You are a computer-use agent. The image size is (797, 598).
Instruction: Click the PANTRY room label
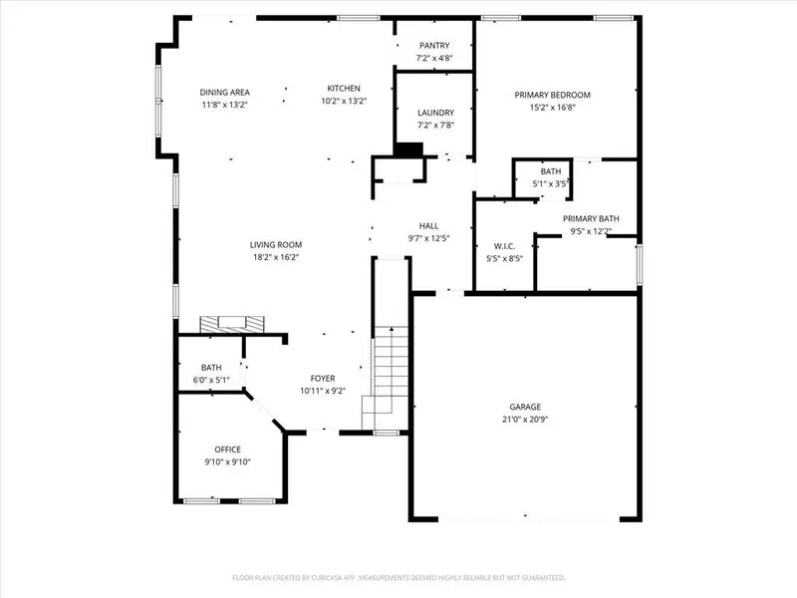click(x=434, y=45)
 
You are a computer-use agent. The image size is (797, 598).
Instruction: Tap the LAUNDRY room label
click(x=435, y=113)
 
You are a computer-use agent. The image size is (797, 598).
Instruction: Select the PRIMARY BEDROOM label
click(x=552, y=95)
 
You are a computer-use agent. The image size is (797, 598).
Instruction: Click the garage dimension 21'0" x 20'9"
click(x=525, y=420)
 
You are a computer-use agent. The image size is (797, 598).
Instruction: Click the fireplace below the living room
click(x=232, y=324)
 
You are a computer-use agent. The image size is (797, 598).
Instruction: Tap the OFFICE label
click(x=228, y=449)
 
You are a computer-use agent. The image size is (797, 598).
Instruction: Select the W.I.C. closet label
click(x=504, y=246)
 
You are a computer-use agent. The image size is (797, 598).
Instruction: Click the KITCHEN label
click(x=344, y=89)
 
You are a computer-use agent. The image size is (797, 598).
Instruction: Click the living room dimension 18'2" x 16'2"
click(x=275, y=257)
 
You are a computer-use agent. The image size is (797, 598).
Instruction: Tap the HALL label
click(x=428, y=226)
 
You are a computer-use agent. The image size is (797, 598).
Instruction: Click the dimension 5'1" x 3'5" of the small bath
click(x=551, y=183)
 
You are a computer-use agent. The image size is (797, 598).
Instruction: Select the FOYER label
click(x=322, y=378)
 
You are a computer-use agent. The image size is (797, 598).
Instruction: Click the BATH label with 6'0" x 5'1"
click(x=210, y=368)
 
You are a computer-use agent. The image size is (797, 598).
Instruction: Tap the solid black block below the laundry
click(x=408, y=149)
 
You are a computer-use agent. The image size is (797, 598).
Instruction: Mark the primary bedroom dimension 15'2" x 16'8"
click(x=552, y=107)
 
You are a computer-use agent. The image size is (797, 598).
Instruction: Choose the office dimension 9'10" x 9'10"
click(x=228, y=461)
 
